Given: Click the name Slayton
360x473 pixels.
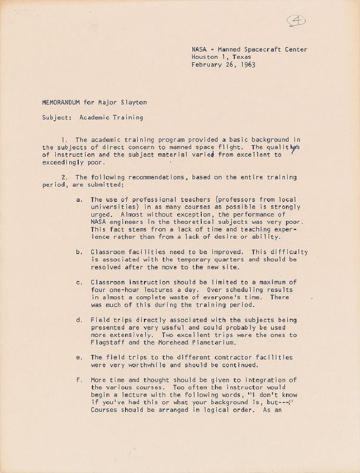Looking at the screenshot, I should [134, 102].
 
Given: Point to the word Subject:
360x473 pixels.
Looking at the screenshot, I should [56, 117].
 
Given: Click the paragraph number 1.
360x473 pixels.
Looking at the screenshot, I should [64, 140].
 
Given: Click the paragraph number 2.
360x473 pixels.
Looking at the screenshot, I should [64, 177].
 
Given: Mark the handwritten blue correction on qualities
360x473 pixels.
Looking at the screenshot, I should [294, 149].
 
